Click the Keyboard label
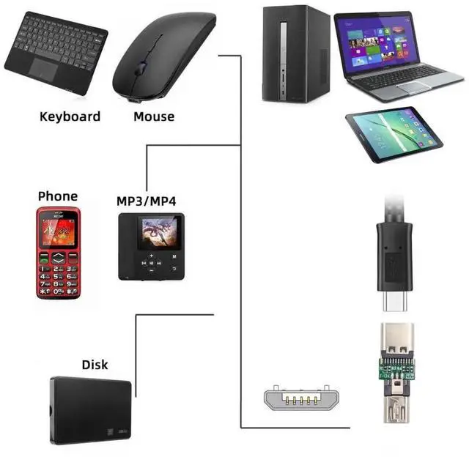pos(70,116)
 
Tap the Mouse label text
pos(154,116)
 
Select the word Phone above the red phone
pos(57,196)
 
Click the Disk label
pos(95,364)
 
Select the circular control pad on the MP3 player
pos(152,264)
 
